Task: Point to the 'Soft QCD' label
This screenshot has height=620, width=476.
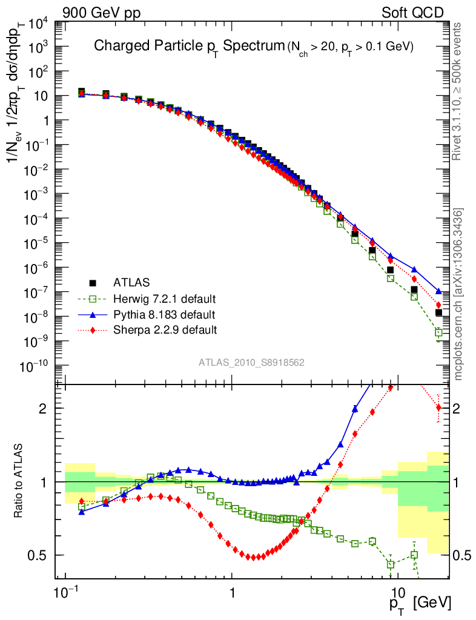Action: tap(412, 12)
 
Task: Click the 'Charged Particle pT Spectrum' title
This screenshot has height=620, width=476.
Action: tap(188, 47)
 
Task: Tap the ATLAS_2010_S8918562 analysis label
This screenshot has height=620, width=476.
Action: tap(251, 363)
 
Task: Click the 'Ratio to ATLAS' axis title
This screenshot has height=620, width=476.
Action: tap(20, 482)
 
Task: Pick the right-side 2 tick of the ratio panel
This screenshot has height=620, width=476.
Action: tap(457, 408)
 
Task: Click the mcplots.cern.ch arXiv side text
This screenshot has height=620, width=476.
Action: tap(458, 294)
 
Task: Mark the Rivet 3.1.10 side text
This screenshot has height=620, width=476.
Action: tap(458, 91)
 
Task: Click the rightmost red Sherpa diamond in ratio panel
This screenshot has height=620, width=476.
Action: tap(438, 407)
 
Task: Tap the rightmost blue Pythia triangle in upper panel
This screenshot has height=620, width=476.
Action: tap(438, 291)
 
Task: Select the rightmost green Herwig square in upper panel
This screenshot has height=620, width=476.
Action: tap(438, 332)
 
